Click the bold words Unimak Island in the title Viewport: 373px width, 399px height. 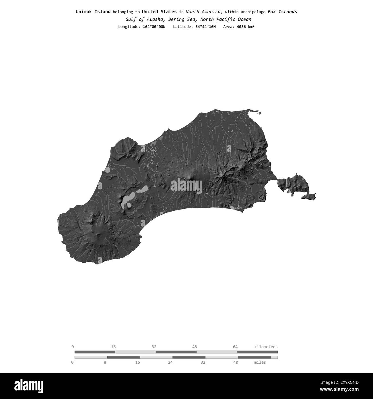pos(93,12)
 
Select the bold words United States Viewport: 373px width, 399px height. pos(159,12)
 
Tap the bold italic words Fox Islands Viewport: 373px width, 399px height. pos(282,12)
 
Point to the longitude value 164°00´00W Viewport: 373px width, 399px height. pos(154,27)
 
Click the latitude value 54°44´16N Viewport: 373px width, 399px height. pos(203,27)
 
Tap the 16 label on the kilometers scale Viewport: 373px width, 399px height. pos(113,347)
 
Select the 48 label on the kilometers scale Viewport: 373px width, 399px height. pos(195,347)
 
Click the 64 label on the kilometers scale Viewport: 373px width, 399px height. pos(235,347)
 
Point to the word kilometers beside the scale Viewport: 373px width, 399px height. pos(266,347)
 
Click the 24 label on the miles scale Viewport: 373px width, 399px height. pos(170,362)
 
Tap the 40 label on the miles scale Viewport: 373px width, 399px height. pos(236,362)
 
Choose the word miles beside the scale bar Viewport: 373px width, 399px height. pos(260,362)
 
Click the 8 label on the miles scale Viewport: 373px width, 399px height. pos(105,362)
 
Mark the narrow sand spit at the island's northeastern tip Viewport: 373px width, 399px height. pos(254,112)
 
